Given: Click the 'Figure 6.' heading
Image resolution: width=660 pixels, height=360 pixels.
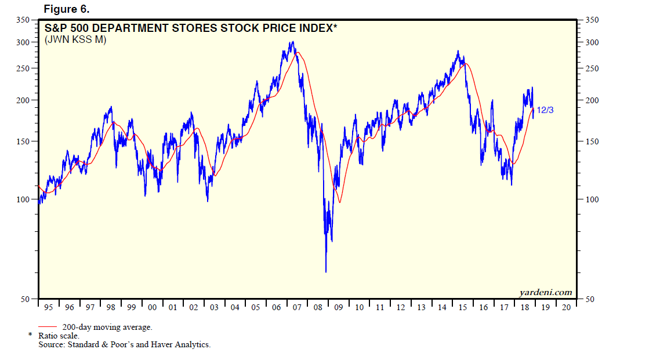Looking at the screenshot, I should (66, 9).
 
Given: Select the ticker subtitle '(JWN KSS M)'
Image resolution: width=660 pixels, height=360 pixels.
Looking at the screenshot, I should (75, 40).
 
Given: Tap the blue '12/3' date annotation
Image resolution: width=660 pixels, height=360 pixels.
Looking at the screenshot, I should (545, 110).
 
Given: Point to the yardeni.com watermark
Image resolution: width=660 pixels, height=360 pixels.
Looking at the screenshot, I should (545, 292).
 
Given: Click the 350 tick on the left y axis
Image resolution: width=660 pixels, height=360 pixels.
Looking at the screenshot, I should (22, 20).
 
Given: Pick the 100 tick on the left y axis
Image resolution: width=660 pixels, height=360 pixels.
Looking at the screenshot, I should (22, 199).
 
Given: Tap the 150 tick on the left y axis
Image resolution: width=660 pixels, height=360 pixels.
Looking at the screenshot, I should (22, 141).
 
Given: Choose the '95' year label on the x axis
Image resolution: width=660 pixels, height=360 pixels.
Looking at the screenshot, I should (48, 308).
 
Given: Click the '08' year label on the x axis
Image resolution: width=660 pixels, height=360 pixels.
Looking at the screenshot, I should (318, 308).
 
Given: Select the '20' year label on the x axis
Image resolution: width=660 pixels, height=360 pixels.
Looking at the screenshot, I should (566, 308).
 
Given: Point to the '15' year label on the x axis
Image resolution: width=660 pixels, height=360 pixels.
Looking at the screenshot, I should (463, 308).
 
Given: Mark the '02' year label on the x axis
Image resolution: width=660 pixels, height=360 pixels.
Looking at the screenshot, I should (194, 308).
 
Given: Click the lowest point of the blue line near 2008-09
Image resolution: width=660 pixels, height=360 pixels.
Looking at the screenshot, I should (326, 271).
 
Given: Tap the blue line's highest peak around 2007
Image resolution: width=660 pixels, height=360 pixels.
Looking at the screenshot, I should (293, 42).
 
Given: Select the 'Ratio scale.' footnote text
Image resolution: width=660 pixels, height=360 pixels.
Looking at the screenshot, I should (59, 336).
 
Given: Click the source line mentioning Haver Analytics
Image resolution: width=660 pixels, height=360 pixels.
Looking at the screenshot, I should (125, 344).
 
